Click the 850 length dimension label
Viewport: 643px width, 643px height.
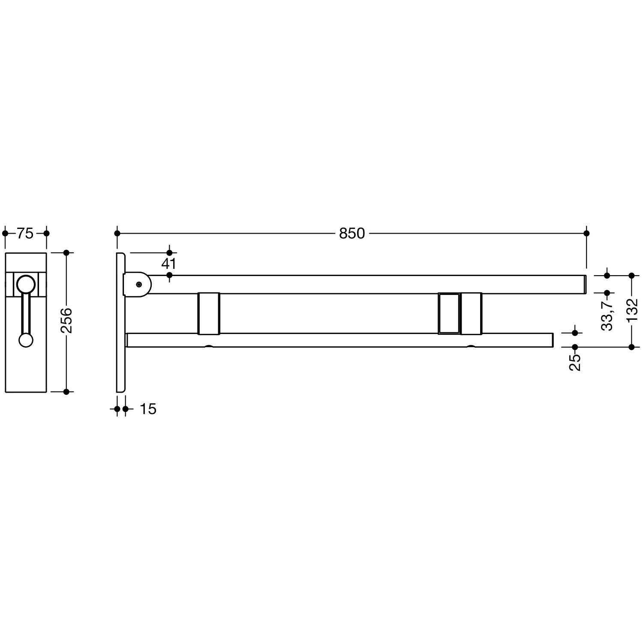(x=352, y=234)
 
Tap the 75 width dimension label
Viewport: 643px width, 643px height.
(x=25, y=234)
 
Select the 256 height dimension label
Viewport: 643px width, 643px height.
(x=66, y=320)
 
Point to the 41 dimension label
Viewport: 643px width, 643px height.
(x=169, y=264)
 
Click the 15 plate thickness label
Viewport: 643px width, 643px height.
(x=148, y=409)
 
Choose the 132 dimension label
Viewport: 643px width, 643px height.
(x=632, y=310)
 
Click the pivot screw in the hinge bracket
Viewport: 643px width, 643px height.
(x=138, y=284)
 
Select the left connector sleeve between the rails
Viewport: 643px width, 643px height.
(x=209, y=313)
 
